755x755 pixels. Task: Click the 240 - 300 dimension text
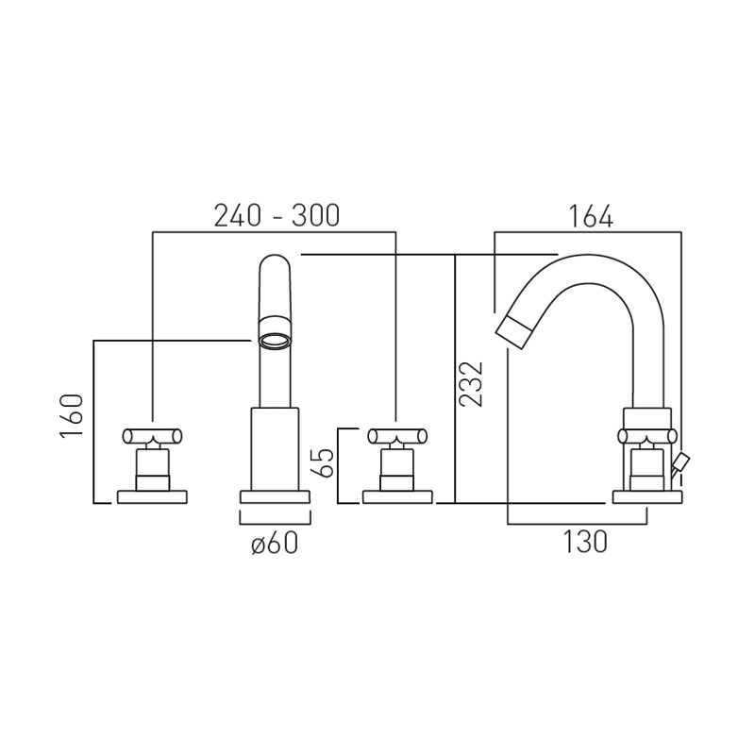click(276, 216)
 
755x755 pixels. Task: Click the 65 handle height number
click(324, 462)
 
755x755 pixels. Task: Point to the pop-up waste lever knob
click(682, 461)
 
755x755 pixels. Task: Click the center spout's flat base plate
click(275, 496)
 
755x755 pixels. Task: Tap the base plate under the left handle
click(153, 496)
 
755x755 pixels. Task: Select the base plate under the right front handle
click(396, 496)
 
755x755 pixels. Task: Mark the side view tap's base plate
click(646, 496)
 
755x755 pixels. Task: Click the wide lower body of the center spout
click(275, 448)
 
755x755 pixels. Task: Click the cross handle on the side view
click(646, 435)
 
